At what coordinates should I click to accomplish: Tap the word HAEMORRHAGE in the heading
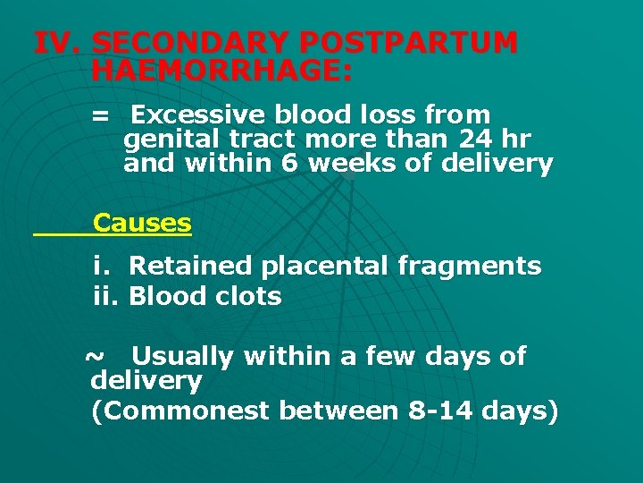point(221,71)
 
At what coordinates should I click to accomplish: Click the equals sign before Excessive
point(100,115)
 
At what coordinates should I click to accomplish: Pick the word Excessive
point(197,115)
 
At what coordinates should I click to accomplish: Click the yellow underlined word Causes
point(142,223)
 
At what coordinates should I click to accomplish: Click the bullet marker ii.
point(107,296)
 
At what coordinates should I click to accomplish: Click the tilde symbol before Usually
point(93,356)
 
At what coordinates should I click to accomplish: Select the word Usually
point(182,357)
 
